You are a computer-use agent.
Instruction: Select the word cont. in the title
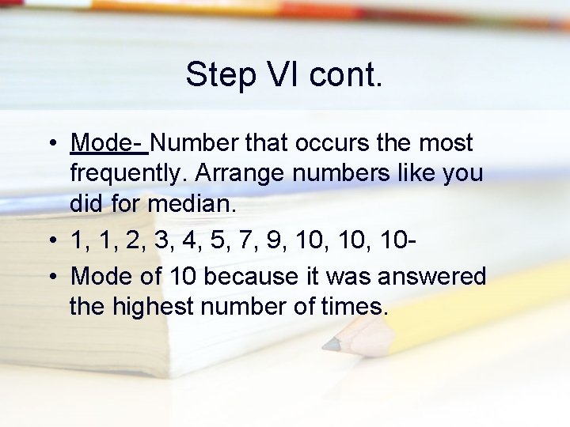tap(345, 75)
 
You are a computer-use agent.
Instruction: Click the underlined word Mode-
tap(108, 143)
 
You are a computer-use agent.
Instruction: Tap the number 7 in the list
tap(245, 240)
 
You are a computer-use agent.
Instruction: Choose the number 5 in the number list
tap(215, 240)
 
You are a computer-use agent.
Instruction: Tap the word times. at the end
tap(355, 306)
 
